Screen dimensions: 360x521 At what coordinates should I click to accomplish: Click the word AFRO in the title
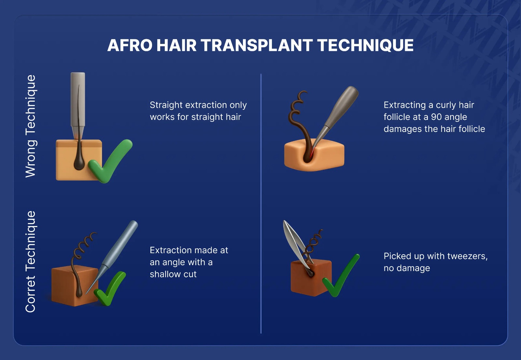pyautogui.click(x=130, y=45)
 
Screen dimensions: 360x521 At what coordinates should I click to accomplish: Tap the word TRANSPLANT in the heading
pyautogui.click(x=257, y=45)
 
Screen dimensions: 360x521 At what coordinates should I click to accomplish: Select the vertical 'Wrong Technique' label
pyautogui.click(x=31, y=126)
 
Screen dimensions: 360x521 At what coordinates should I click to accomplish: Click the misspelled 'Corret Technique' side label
pyautogui.click(x=31, y=262)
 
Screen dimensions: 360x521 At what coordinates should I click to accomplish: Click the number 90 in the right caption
pyautogui.click(x=436, y=117)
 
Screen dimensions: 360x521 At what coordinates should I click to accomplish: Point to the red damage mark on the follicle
pyautogui.click(x=312, y=152)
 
